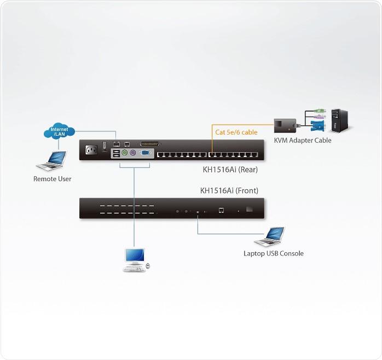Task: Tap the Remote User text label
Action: [x=52, y=179]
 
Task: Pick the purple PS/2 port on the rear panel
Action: [x=133, y=154]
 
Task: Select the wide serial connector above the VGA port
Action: [x=149, y=143]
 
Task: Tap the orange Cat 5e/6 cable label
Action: [x=236, y=132]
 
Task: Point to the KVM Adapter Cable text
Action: [x=303, y=141]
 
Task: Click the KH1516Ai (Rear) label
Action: [x=230, y=170]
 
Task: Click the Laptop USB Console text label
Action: [x=273, y=253]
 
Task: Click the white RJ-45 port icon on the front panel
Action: [x=220, y=210]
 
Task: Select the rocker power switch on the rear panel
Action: [x=104, y=146]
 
